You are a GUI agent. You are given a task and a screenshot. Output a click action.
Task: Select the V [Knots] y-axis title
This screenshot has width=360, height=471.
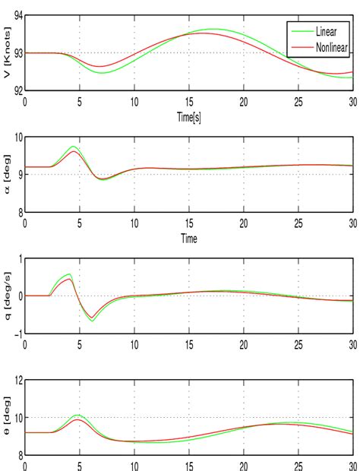[7, 53]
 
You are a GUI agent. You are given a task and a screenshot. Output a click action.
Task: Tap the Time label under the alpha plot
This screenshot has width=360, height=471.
[189, 238]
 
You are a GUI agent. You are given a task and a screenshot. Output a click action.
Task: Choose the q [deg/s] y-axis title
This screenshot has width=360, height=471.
[7, 296]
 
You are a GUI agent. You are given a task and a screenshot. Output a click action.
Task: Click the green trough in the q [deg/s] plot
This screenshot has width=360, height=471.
[92, 321]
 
